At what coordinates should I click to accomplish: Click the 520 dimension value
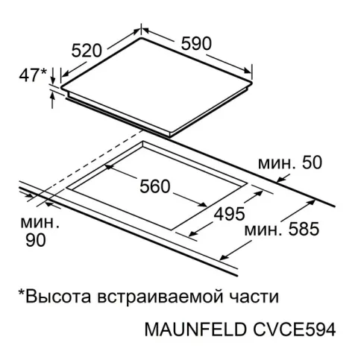click(87, 51)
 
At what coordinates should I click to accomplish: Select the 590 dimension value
click(196, 43)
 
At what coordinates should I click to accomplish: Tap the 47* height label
click(33, 75)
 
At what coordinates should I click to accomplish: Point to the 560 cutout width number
click(155, 186)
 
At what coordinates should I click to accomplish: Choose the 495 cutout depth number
click(229, 214)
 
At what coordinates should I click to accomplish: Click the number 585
click(304, 229)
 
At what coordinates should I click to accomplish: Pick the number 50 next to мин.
click(312, 162)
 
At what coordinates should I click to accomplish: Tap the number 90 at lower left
click(36, 240)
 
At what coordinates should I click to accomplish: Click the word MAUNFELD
click(195, 329)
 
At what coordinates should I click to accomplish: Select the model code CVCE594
click(295, 329)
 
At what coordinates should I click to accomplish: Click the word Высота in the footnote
click(58, 296)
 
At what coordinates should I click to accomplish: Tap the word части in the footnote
click(254, 297)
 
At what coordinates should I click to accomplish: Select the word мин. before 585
click(263, 230)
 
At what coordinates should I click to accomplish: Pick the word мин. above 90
click(40, 223)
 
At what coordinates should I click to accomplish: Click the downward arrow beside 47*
click(53, 75)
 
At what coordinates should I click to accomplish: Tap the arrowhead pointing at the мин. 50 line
click(280, 179)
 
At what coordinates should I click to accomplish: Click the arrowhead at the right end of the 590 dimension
click(247, 70)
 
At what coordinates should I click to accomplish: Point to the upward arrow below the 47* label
click(52, 100)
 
